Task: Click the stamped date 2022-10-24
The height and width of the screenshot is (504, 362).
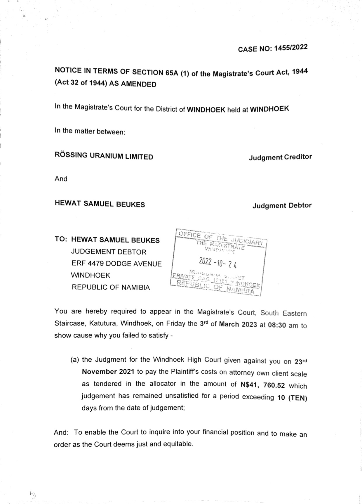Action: tap(217, 262)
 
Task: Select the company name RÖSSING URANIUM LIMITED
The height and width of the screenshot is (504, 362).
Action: tap(104, 156)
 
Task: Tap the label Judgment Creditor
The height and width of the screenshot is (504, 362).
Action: tap(280, 157)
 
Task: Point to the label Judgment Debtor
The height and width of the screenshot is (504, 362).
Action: tap(282, 205)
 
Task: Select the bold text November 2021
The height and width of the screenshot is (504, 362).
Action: tap(108, 372)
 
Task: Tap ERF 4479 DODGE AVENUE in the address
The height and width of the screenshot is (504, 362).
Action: tap(116, 264)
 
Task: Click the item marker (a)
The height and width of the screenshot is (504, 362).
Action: tap(75, 359)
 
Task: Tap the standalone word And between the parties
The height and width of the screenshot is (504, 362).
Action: tap(61, 179)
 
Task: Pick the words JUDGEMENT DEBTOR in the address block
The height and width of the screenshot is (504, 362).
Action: tap(109, 252)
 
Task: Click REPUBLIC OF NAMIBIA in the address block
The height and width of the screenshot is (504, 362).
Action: tap(111, 287)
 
